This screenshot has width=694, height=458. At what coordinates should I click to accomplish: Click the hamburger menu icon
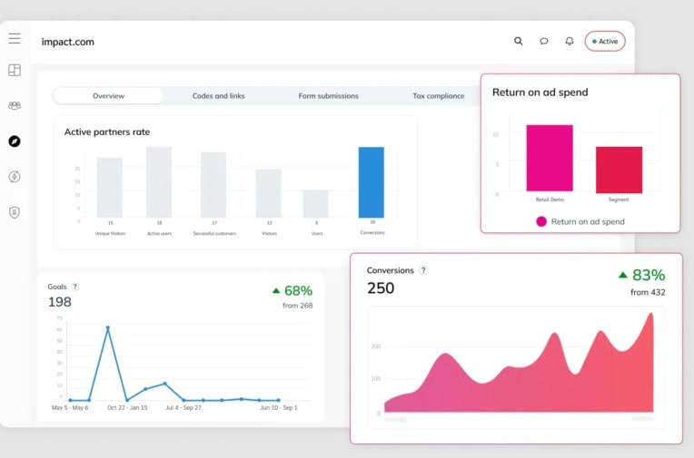[x=15, y=39]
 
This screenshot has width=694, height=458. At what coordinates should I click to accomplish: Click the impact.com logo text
[x=67, y=42]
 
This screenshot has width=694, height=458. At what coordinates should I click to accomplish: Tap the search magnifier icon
[x=519, y=41]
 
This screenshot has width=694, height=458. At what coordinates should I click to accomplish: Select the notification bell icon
[x=570, y=41]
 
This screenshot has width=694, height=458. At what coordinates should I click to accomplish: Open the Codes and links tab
[x=217, y=96]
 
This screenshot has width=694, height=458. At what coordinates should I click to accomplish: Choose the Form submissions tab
[x=328, y=96]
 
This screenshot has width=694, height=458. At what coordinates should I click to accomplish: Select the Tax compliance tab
[x=438, y=96]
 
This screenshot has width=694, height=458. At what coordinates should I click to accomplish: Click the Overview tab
[x=109, y=96]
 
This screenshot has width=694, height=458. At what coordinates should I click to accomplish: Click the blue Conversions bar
[x=371, y=181]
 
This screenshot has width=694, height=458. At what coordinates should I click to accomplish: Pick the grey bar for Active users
[x=159, y=181]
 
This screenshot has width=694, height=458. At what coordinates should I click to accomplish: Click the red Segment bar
[x=619, y=169]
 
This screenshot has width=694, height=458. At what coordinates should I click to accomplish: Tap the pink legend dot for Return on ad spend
[x=541, y=221]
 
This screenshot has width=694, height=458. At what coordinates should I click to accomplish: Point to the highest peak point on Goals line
[x=108, y=327]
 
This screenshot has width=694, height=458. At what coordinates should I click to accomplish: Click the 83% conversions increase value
[x=649, y=275]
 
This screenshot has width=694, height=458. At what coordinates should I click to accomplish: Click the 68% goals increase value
[x=298, y=290]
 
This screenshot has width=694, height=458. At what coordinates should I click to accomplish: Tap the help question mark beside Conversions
[x=423, y=270]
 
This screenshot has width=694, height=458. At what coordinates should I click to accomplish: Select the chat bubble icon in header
[x=544, y=41]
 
